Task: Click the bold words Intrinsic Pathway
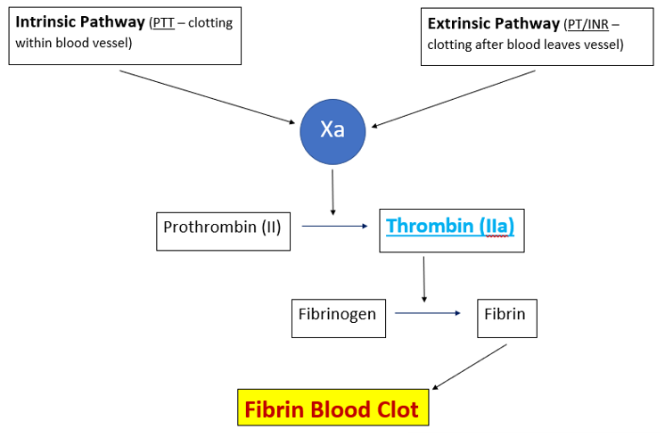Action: (x=80, y=22)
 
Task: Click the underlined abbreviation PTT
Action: (x=164, y=23)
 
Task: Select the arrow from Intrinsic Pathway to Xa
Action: (x=208, y=96)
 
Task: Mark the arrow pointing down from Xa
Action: (x=332, y=192)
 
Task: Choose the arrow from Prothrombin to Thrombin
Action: (x=335, y=226)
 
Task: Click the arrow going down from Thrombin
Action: (x=423, y=279)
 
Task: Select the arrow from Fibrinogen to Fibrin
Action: (x=428, y=313)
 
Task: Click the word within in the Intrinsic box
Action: (x=36, y=42)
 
